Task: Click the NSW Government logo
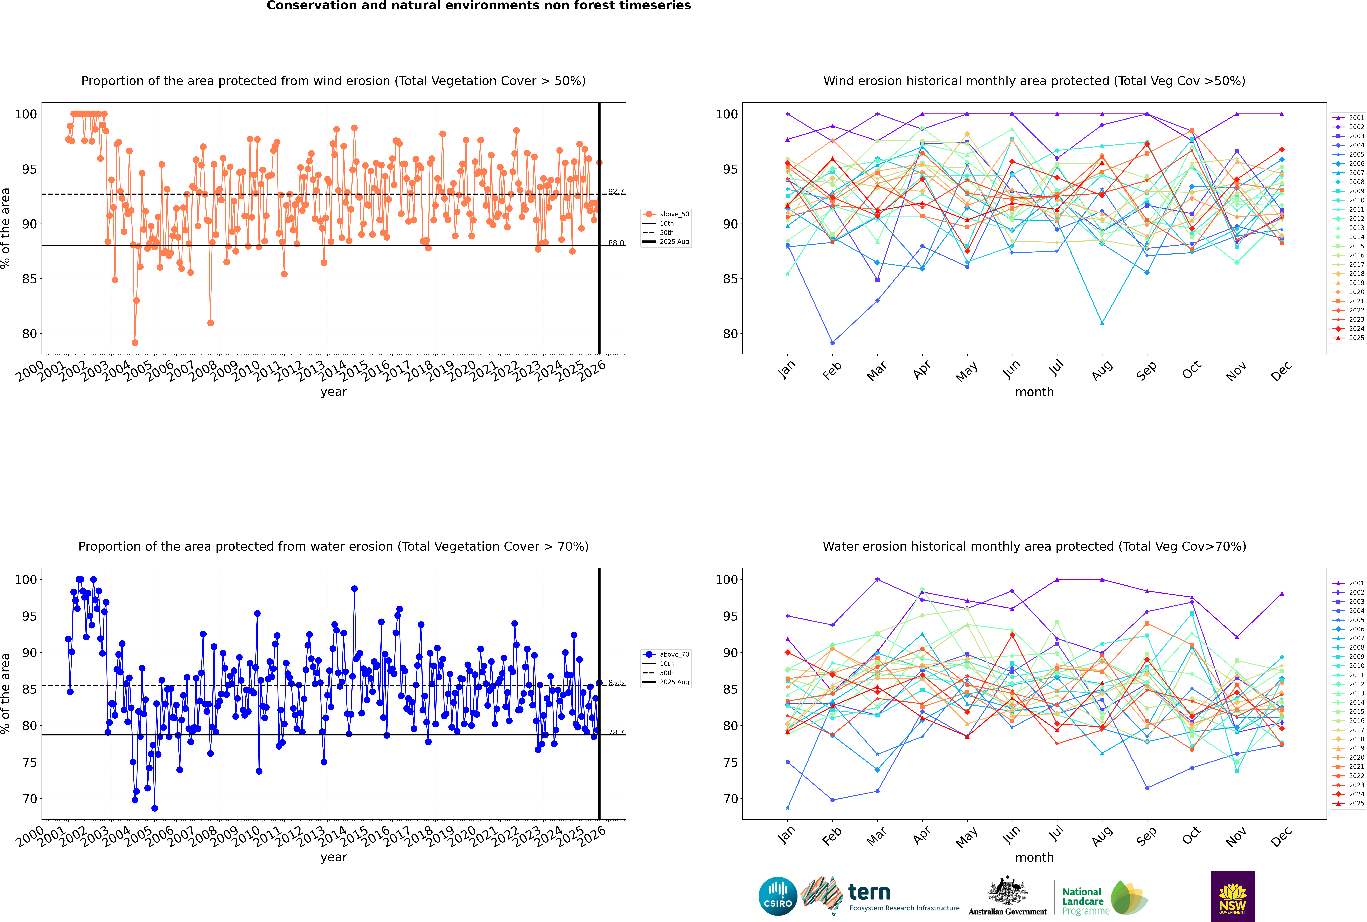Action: click(x=1232, y=896)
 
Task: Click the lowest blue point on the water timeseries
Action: click(x=155, y=808)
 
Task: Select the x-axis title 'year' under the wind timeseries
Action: click(x=334, y=392)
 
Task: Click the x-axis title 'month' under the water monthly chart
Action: click(x=1034, y=857)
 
